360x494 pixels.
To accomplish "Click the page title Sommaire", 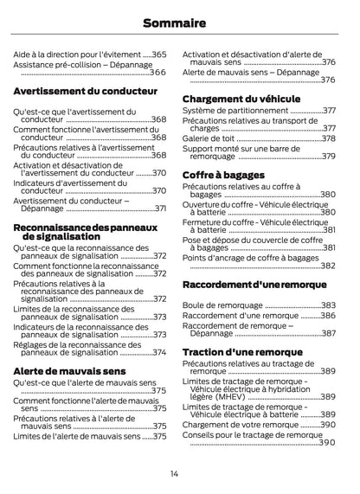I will tap(179, 23).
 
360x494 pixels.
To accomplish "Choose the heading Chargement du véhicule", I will tap(241, 99).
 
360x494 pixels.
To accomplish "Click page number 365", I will tap(159, 54).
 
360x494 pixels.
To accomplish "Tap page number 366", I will tap(158, 72).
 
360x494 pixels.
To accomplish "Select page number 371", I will tap(160, 209).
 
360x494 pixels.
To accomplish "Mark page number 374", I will tap(159, 352).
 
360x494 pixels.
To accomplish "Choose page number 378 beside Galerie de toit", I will tap(329, 138).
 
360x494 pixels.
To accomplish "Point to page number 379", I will tap(329, 157).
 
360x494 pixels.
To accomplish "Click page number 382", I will tap(328, 266).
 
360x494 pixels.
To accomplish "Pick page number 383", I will tap(329, 305).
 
